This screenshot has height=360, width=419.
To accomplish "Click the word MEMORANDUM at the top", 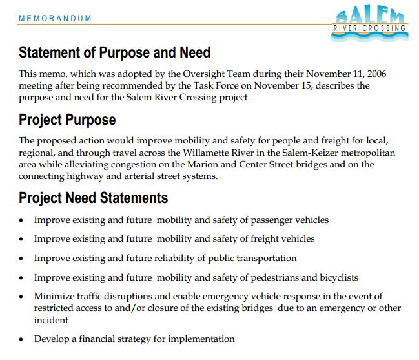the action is pyautogui.click(x=55, y=19).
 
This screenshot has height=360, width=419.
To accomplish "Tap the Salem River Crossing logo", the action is pyautogui.click(x=370, y=23).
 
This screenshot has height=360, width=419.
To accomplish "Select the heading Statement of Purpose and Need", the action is pyautogui.click(x=114, y=52).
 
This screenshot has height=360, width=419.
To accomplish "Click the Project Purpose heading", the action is pyautogui.click(x=67, y=120).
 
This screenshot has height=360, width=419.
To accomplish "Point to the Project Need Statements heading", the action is pyautogui.click(x=93, y=197).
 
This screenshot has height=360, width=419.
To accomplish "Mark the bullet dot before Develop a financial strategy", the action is pyautogui.click(x=21, y=339).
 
